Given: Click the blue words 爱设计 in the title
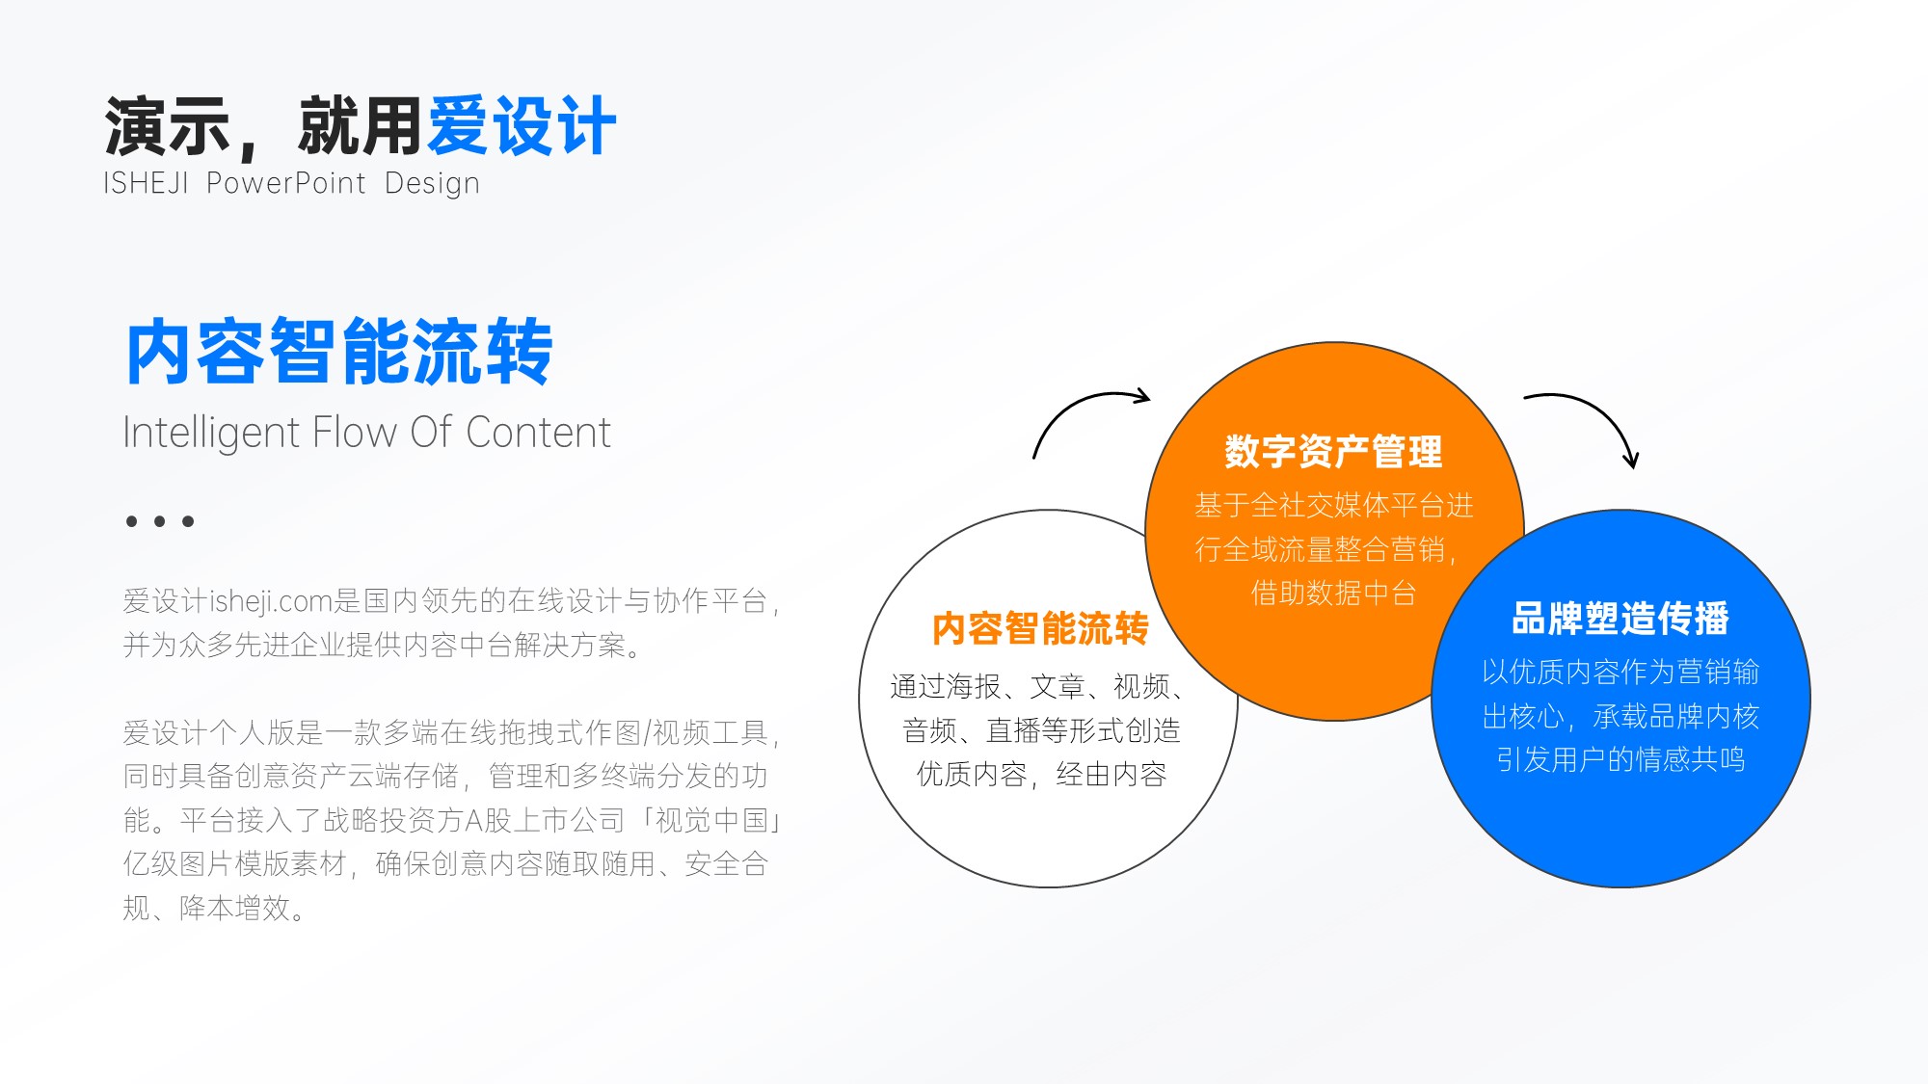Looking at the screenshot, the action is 522,126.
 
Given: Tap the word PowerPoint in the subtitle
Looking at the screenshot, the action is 286,183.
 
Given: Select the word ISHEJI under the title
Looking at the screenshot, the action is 146,183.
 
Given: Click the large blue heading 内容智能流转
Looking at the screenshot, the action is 339,352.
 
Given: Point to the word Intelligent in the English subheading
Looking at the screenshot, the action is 211,433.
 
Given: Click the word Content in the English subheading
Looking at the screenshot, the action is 538,433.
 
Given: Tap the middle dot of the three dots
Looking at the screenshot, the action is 160,521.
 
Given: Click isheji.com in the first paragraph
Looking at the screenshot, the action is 271,601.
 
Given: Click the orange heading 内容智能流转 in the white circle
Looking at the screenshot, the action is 1040,628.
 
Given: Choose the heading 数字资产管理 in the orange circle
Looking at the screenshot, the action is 1333,451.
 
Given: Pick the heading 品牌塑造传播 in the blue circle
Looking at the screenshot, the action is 1620,618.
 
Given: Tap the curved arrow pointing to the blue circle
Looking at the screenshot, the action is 1600,412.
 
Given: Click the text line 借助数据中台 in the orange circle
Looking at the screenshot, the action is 1333,593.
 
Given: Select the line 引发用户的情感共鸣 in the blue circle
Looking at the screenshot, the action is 1620,759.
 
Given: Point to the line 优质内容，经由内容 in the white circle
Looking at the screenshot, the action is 1041,774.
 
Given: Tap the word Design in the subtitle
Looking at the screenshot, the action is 432,183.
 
